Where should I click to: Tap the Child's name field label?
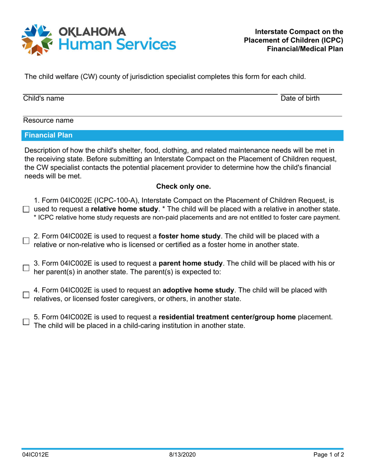click(x=44, y=99)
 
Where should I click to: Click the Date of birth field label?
click(x=300, y=99)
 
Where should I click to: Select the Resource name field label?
click(x=48, y=120)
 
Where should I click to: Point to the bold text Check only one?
click(x=183, y=186)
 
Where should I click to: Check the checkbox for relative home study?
click(x=26, y=210)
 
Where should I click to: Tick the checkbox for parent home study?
click(x=26, y=268)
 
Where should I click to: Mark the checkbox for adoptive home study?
click(x=26, y=295)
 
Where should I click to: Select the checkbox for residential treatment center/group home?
click(x=26, y=322)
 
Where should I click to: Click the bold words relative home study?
click(x=120, y=209)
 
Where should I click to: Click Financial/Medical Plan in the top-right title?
click(x=305, y=49)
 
